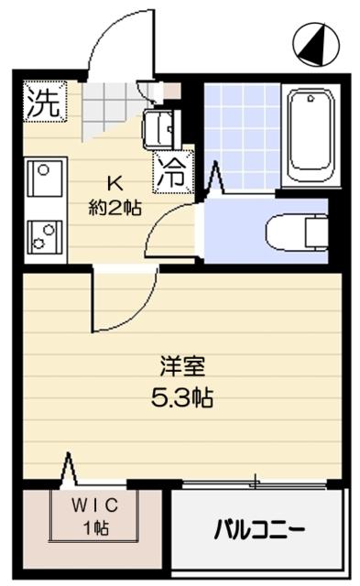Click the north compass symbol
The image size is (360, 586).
(316, 44)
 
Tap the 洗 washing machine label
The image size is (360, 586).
(44, 103)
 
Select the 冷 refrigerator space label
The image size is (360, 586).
(173, 172)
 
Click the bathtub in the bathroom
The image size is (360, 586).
(311, 136)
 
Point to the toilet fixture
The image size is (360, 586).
(297, 232)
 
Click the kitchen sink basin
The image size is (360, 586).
(45, 177)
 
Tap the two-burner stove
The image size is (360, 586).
(45, 237)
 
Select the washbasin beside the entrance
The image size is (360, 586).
(161, 129)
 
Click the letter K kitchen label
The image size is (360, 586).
(115, 183)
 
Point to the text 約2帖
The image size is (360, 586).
(115, 207)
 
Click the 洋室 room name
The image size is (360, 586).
(182, 366)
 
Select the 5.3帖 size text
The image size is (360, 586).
(181, 397)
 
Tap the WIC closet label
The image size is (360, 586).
(95, 505)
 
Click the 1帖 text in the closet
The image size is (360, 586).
(96, 528)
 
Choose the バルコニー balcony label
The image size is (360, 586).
(260, 529)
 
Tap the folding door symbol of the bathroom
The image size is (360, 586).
(214, 178)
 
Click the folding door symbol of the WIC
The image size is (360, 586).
(69, 468)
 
